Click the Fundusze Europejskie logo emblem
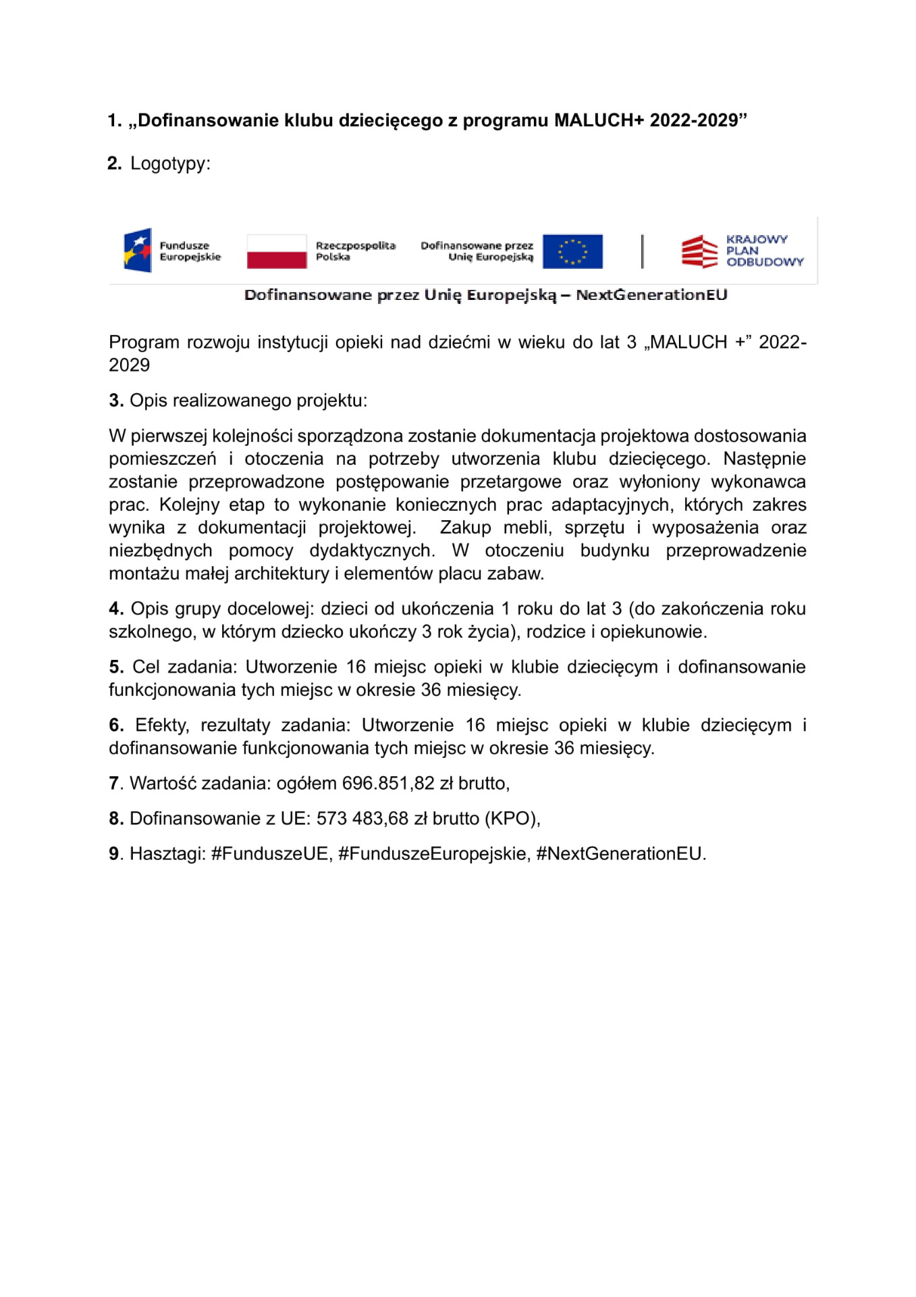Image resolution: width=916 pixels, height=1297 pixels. pos(138,251)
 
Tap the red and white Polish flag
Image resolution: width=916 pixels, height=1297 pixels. pos(277,251)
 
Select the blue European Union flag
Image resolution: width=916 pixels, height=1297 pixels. pos(572,251)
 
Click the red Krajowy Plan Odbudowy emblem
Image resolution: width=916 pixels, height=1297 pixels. pos(699,251)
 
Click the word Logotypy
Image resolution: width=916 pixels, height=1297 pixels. pos(170,163)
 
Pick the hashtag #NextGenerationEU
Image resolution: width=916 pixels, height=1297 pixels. pos(620,854)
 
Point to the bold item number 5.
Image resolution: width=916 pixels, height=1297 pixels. pos(116,667)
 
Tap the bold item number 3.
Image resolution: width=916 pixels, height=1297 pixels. pos(116,401)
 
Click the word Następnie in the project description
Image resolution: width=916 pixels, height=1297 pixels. pos(764,459)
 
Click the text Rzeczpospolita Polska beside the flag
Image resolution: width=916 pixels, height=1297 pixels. pos(355,251)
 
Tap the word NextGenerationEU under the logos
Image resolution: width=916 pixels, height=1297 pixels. pos(651,295)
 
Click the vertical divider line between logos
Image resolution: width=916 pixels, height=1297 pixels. pos(642,251)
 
